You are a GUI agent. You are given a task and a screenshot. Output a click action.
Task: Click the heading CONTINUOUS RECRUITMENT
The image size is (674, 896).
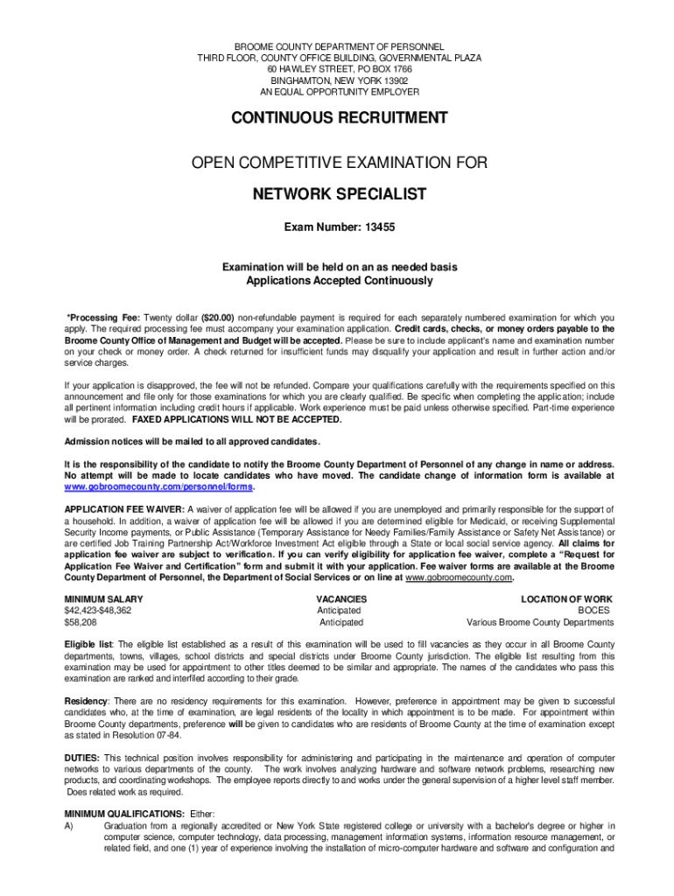pyautogui.click(x=338, y=118)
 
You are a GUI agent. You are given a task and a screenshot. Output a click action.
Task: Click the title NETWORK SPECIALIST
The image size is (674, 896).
pyautogui.click(x=338, y=193)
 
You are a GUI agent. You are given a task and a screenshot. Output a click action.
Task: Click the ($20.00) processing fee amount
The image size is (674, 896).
pyautogui.click(x=216, y=318)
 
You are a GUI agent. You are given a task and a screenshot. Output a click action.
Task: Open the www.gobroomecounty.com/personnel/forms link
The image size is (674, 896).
pyautogui.click(x=158, y=486)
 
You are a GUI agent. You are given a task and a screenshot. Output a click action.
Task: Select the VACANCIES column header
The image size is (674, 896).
pyautogui.click(x=341, y=599)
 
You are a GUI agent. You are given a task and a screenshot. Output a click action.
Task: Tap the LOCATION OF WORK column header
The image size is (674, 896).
pyautogui.click(x=567, y=599)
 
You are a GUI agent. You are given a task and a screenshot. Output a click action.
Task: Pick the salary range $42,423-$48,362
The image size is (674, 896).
pyautogui.click(x=98, y=611)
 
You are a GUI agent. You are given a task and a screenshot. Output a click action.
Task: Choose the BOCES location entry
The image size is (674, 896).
pyautogui.click(x=594, y=611)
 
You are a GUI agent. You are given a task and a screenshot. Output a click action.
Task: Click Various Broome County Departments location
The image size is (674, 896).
pyautogui.click(x=540, y=622)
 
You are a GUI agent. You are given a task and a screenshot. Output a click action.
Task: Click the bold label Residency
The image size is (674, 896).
pyautogui.click(x=86, y=702)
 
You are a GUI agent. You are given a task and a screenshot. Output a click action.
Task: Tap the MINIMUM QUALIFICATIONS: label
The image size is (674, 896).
pyautogui.click(x=124, y=814)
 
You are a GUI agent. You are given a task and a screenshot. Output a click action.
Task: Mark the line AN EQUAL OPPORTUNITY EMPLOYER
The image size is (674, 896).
pyautogui.click(x=338, y=91)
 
